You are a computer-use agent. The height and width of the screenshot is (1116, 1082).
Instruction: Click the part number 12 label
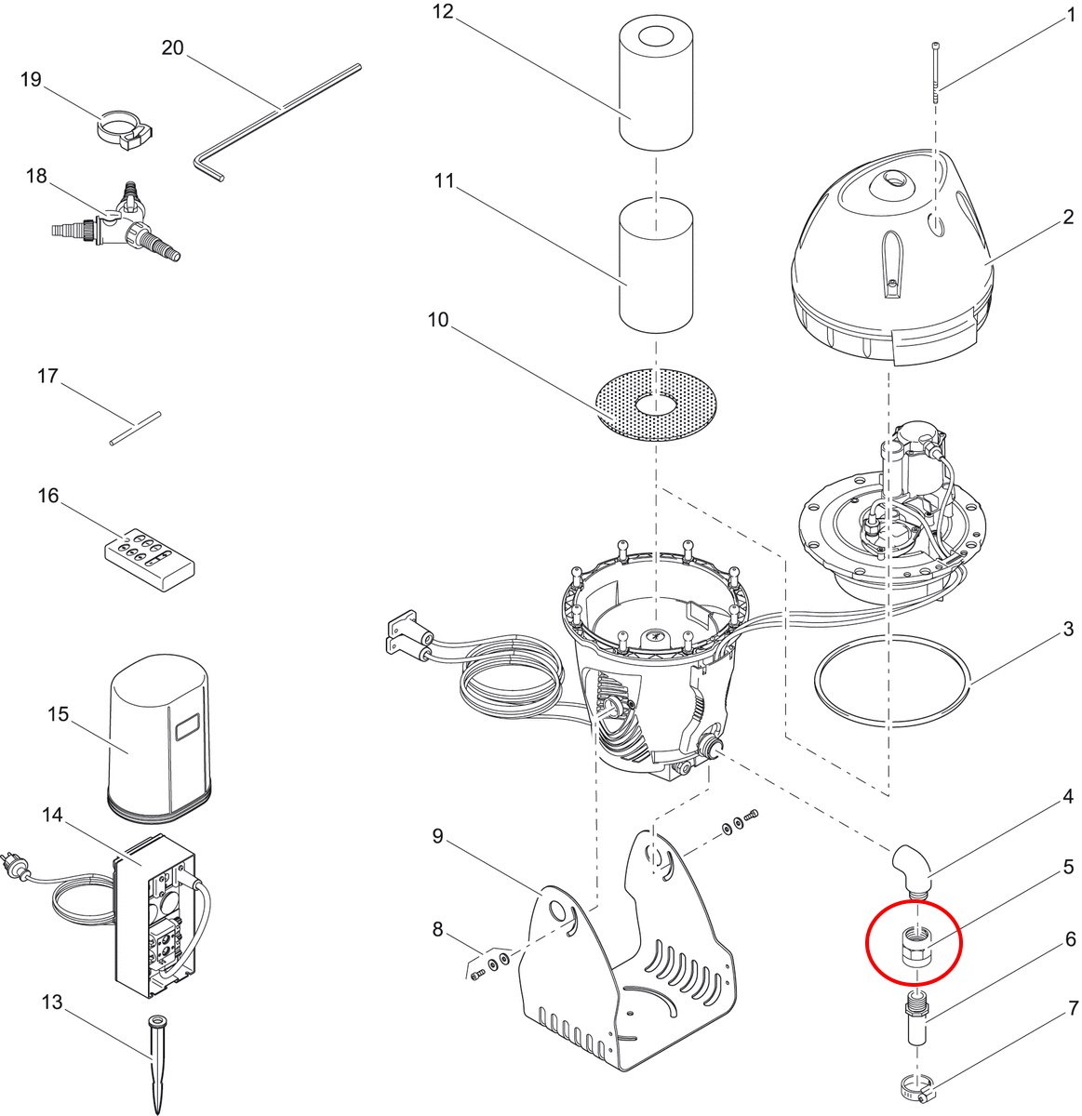(443, 12)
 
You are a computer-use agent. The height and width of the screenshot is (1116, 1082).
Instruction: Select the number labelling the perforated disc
(438, 319)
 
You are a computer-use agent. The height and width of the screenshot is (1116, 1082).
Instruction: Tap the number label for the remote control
(48, 495)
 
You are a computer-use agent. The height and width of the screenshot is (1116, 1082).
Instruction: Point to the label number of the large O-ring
(1068, 629)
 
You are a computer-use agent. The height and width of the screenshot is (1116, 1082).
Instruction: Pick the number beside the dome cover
(1068, 218)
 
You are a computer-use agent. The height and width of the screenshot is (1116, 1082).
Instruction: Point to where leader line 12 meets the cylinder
(632, 119)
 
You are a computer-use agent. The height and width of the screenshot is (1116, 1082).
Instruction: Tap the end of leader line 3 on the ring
(970, 683)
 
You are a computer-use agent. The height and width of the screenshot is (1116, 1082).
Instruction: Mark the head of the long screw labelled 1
(936, 45)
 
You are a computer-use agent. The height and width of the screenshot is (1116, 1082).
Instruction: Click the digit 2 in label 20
(167, 47)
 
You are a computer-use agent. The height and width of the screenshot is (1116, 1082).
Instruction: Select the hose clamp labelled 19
(124, 129)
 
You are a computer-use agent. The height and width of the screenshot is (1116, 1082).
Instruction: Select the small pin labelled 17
(136, 428)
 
